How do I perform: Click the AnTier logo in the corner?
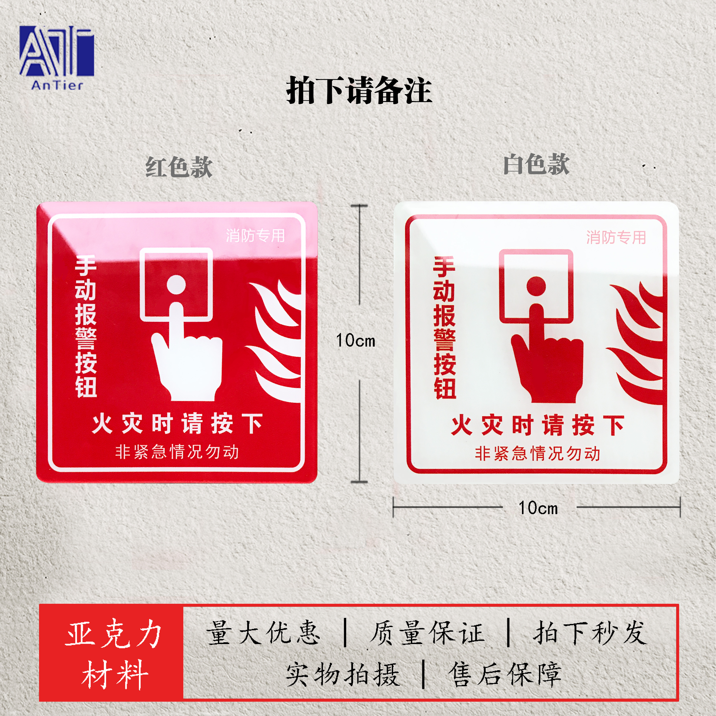pyautogui.click(x=57, y=57)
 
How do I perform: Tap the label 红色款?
pyautogui.click(x=179, y=167)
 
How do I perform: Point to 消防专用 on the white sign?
pyautogui.click(x=616, y=237)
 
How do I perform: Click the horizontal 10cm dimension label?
pyautogui.click(x=538, y=508)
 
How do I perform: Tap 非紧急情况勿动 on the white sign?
pyautogui.click(x=537, y=454)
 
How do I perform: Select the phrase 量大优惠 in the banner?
pyautogui.click(x=263, y=633)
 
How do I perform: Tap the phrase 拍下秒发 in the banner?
pyautogui.click(x=590, y=633)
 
